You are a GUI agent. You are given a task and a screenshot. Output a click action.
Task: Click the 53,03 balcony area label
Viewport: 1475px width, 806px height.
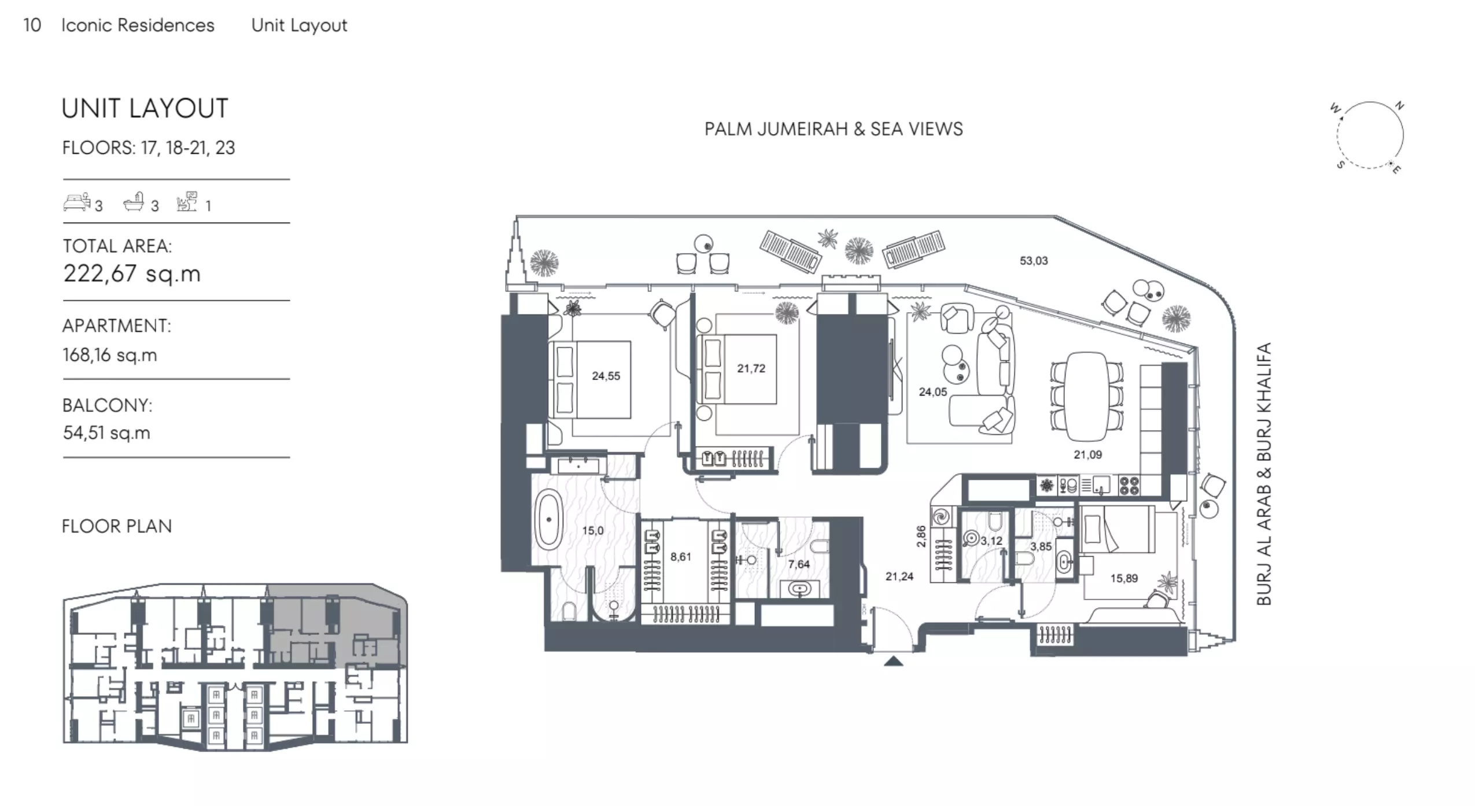[x=1034, y=261]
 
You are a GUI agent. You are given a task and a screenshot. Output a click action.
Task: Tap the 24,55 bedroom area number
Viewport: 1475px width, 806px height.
[x=606, y=376]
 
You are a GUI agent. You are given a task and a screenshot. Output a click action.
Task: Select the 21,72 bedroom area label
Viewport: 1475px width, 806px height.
[x=751, y=368]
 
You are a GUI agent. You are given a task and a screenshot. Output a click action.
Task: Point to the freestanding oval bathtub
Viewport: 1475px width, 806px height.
[x=549, y=520]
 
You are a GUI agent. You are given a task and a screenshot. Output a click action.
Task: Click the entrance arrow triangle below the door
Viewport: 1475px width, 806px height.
[x=894, y=661]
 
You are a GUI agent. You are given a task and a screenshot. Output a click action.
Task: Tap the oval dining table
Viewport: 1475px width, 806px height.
[x=1087, y=396]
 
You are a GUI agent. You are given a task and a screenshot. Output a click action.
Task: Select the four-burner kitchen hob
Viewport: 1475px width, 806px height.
[x=1129, y=485]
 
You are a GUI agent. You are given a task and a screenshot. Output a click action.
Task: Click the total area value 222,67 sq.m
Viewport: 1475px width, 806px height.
[x=132, y=273]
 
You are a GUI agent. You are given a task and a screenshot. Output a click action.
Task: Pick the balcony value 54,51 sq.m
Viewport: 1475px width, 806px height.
[x=106, y=432]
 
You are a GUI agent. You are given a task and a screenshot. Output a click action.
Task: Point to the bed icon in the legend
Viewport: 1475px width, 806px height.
[x=76, y=202]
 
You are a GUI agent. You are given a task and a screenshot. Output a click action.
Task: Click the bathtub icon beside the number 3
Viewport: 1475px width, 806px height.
[x=134, y=202]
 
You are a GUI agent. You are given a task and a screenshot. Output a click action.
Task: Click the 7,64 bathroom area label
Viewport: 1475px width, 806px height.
[x=799, y=564]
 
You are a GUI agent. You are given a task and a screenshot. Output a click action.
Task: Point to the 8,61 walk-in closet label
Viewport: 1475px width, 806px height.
[x=680, y=557]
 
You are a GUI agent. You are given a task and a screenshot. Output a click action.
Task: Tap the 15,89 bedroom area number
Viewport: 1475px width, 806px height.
[x=1124, y=578]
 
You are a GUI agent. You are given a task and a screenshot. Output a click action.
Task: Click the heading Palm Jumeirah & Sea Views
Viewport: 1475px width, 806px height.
[x=834, y=129]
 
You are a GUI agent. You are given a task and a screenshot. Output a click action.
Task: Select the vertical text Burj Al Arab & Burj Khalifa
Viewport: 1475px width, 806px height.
[x=1264, y=474]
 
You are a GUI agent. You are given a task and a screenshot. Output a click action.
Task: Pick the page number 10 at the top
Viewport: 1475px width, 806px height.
[x=32, y=25]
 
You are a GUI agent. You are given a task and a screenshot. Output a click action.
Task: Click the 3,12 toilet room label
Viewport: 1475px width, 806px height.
[x=991, y=541]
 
